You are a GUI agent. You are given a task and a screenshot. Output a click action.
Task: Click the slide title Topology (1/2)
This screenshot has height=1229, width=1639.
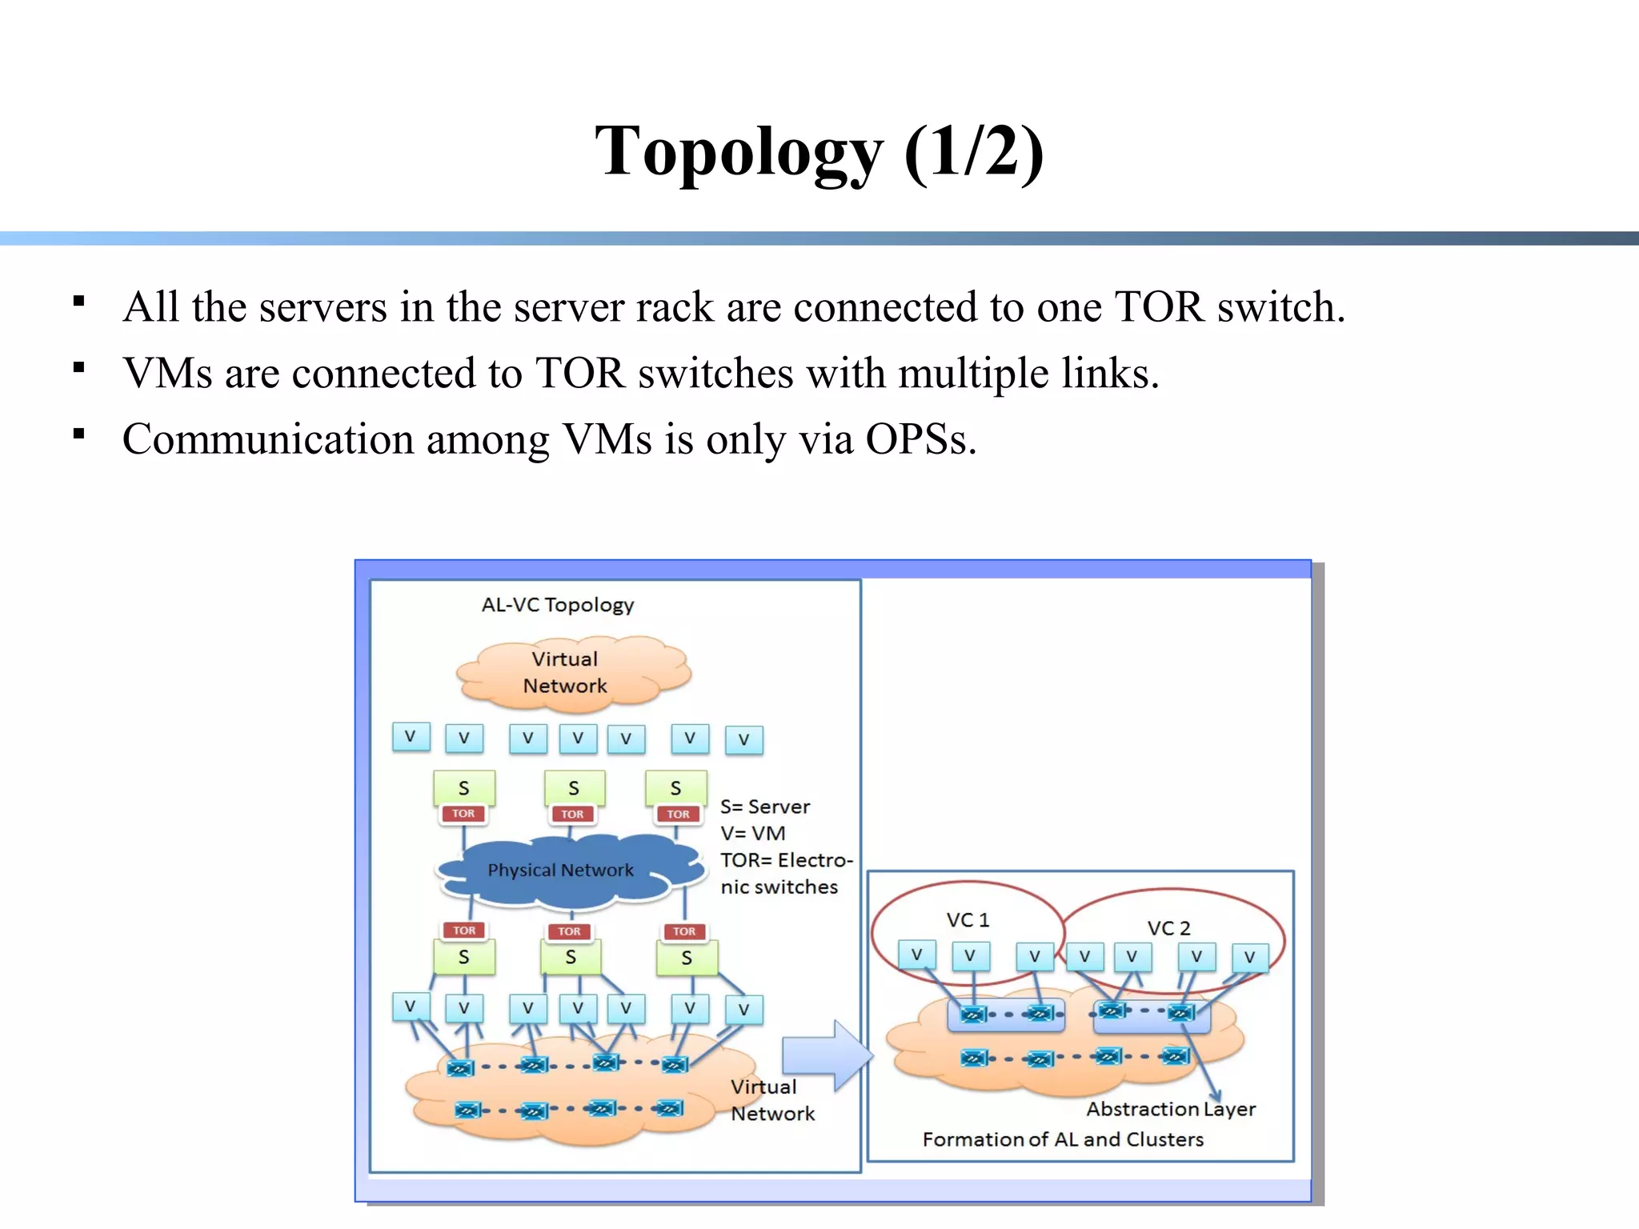(819, 152)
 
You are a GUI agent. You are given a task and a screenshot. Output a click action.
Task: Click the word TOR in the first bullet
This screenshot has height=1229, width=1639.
(1159, 307)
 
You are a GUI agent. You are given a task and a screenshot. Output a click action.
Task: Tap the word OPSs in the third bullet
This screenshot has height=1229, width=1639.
(920, 439)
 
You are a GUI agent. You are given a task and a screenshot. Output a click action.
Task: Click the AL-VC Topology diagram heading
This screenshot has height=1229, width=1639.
(557, 605)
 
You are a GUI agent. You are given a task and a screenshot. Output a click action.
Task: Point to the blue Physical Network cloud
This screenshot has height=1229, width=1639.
(560, 871)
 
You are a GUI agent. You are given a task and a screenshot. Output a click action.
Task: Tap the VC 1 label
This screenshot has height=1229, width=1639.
(968, 920)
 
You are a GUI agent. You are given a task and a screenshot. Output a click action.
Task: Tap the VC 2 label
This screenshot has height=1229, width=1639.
(1168, 928)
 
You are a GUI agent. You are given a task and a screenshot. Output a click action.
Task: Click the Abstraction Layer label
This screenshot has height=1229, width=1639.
(1170, 1109)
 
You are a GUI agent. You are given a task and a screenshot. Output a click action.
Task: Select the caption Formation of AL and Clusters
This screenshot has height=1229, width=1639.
(1062, 1139)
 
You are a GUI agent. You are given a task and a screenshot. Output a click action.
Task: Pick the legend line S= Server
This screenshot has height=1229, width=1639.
(764, 807)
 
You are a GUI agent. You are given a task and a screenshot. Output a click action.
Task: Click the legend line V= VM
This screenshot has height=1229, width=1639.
(752, 833)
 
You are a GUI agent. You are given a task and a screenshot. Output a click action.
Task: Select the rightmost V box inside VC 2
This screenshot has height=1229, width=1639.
(1249, 957)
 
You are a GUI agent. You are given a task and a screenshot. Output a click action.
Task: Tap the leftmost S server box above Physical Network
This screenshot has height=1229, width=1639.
(463, 788)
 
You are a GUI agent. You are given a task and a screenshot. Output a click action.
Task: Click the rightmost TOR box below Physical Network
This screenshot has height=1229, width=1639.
(683, 931)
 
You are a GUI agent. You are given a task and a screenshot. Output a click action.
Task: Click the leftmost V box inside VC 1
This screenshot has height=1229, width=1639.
(916, 955)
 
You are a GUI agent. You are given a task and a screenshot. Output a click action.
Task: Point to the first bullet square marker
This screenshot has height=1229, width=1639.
(78, 302)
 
